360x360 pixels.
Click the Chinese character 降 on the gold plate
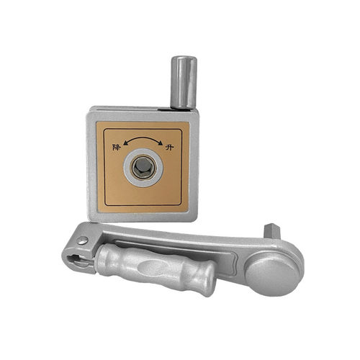pos(116,147)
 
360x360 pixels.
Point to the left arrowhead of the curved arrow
pos(125,143)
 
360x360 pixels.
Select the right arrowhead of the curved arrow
pos(160,143)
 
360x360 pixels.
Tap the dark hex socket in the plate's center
pos(143,167)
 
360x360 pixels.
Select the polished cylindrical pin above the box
pos(184,83)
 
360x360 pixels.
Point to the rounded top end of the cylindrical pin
pos(184,58)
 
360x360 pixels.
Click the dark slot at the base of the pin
pos(165,109)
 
